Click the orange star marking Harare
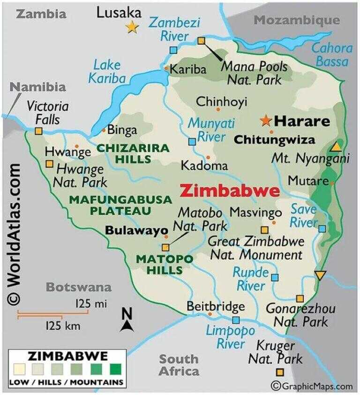tap(266, 121)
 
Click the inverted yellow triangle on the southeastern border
tap(320, 275)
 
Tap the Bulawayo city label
tap(136, 231)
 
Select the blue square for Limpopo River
tap(236, 320)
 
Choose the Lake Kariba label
tap(107, 71)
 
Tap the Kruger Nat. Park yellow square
tap(280, 372)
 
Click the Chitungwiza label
tap(274, 140)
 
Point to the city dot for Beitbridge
tap(210, 314)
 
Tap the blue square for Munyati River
tap(192, 142)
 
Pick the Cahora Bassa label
tap(332, 54)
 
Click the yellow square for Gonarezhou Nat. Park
tap(300, 298)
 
